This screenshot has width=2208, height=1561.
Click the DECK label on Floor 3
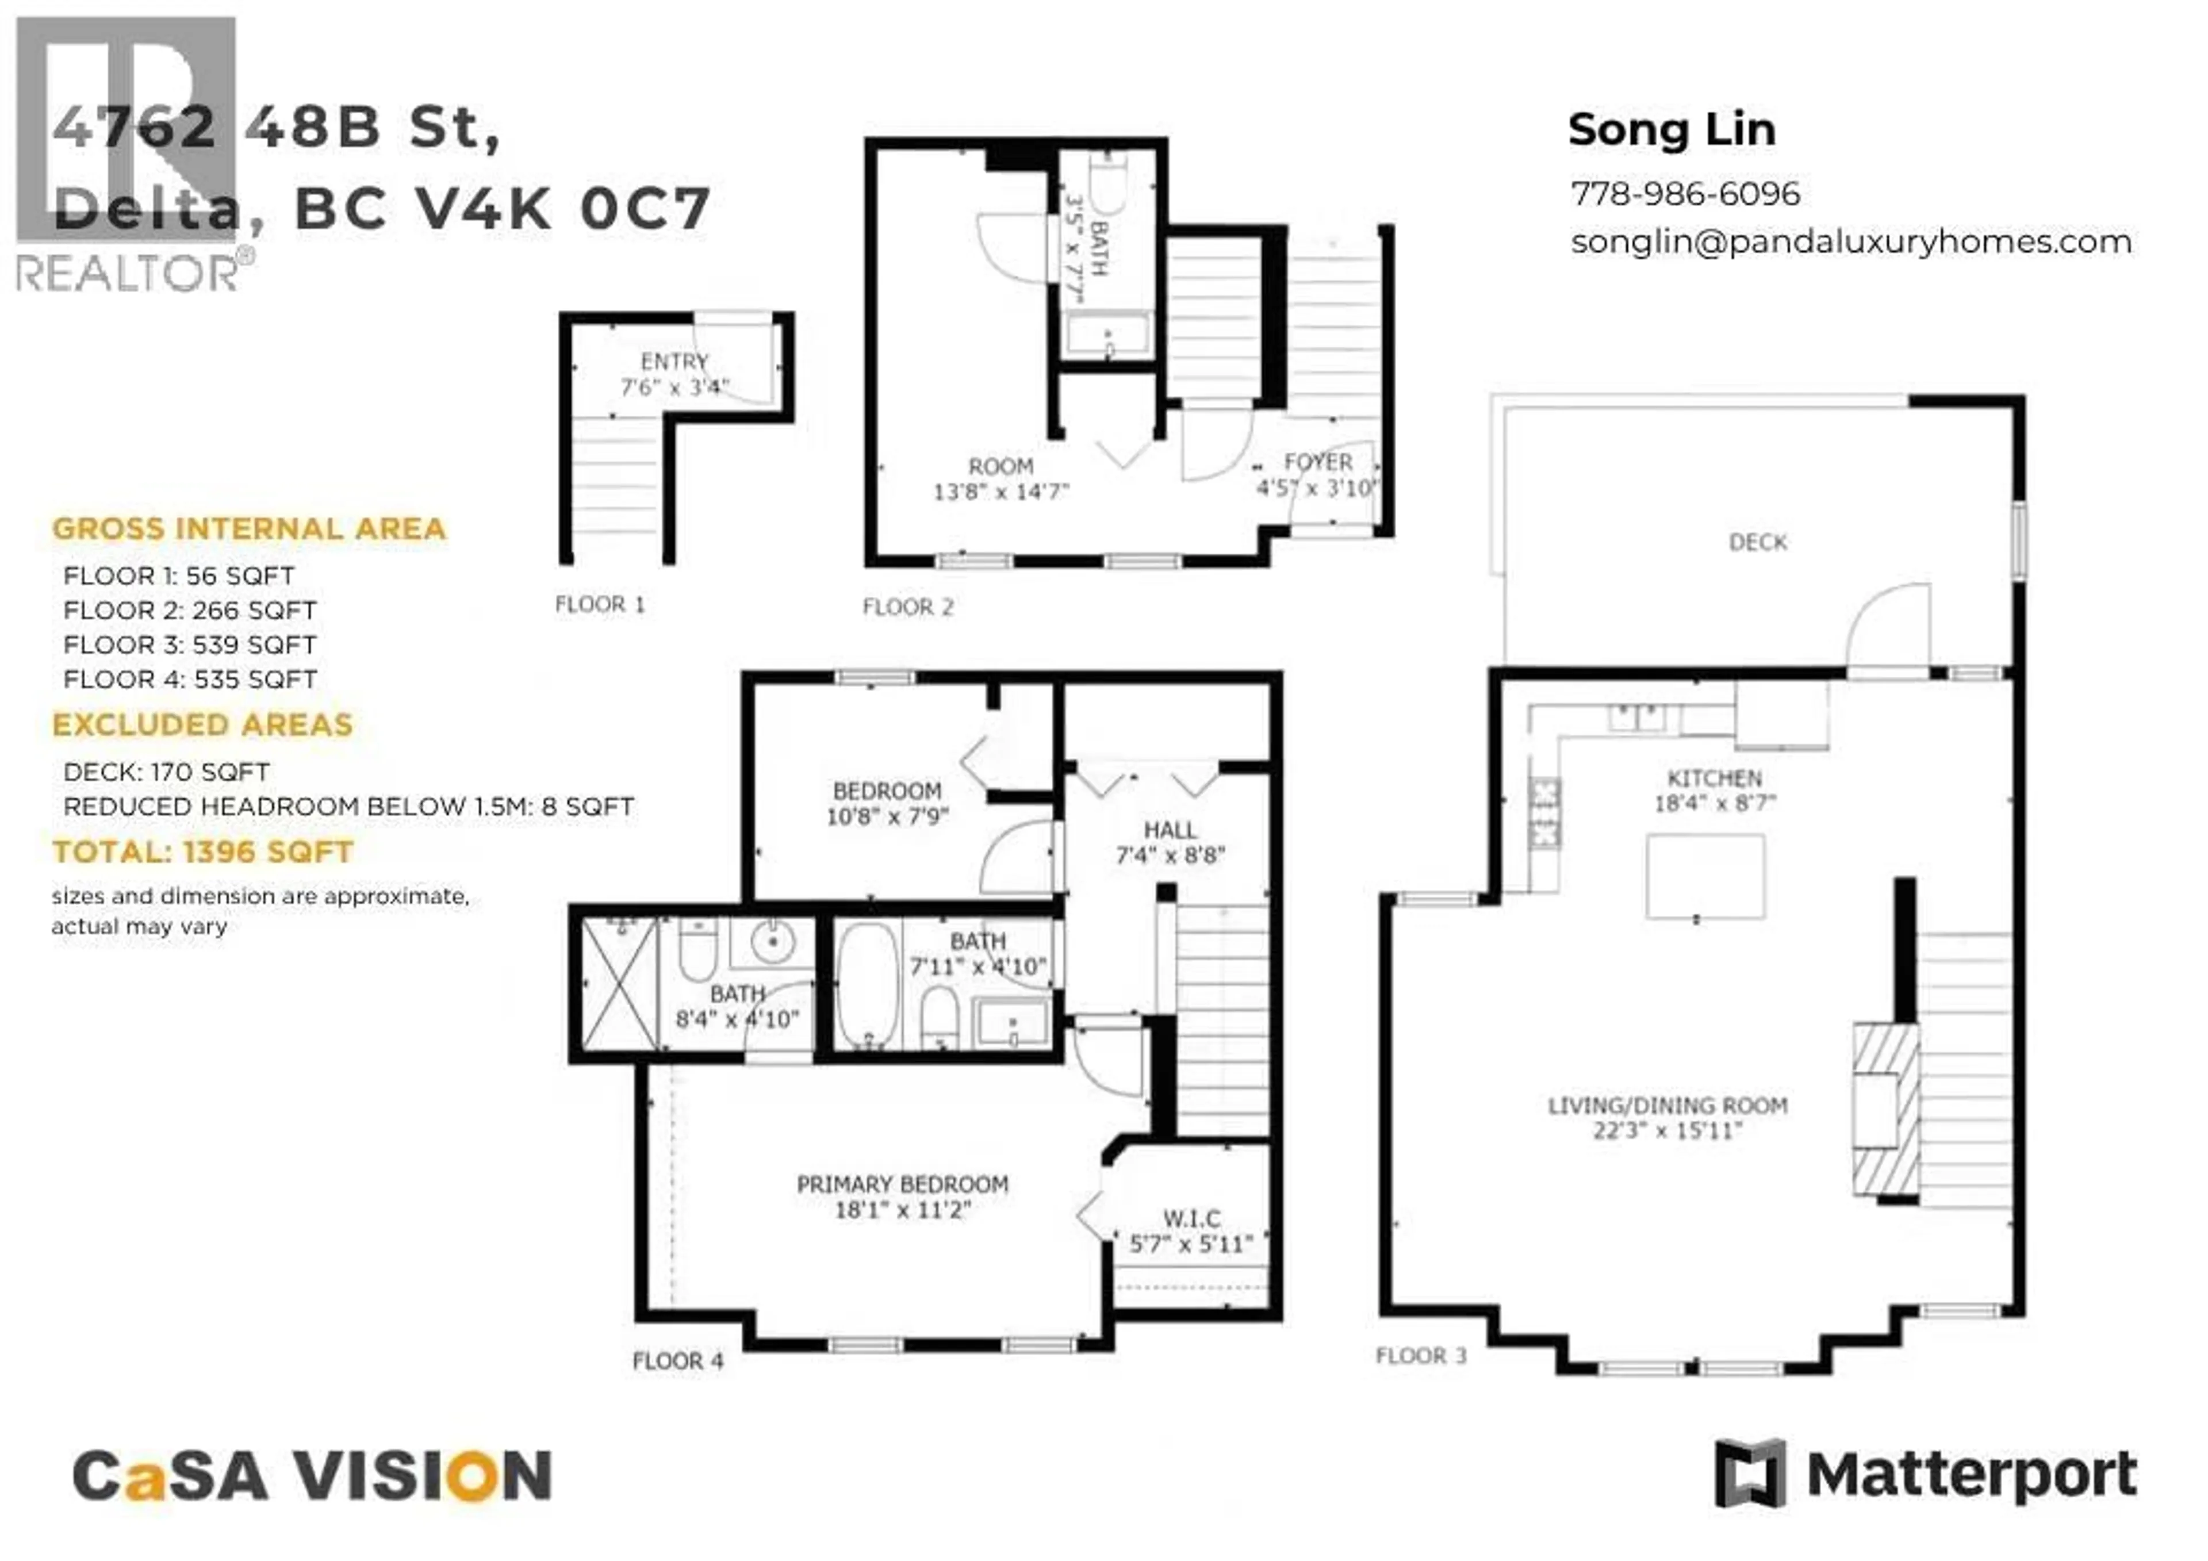[1757, 542]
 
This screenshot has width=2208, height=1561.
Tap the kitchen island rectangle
[1705, 876]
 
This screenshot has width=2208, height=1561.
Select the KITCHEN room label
[1713, 778]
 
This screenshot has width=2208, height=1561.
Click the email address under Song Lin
[1850, 241]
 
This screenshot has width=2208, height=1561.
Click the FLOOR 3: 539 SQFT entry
[189, 645]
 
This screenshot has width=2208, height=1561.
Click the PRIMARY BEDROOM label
[902, 1184]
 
